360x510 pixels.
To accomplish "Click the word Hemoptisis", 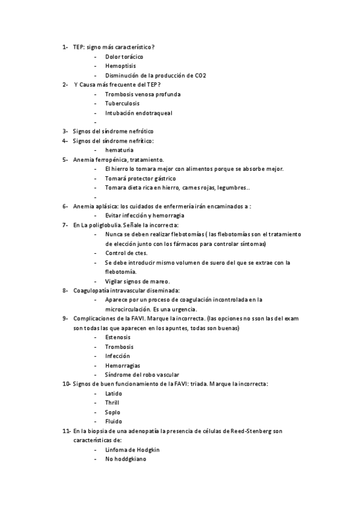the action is tap(120, 66).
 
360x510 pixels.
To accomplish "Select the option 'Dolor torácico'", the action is tap(124, 56).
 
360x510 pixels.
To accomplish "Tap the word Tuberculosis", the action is tap(123, 103).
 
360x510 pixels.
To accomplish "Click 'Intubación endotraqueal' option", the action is tap(139, 113).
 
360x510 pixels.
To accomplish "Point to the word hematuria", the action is tap(119, 150).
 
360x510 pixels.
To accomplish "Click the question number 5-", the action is tap(66, 159).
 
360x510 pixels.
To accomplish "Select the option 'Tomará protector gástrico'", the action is tap(140, 178).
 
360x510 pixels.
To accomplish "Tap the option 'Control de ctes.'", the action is tap(126, 253).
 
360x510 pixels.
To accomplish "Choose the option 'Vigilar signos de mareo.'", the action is tap(137, 281).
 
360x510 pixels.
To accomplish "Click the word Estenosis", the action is tap(118, 337).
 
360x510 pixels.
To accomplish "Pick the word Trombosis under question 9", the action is tap(119, 346).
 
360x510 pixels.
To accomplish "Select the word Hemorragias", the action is tap(123, 365).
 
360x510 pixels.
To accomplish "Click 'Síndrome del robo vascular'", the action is tap(142, 374).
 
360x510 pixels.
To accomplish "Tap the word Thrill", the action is tap(112, 402).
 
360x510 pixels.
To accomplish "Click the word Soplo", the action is tap(112, 412).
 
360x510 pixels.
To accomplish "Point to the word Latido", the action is tap(114, 393).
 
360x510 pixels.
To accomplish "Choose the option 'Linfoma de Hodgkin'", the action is tap(132, 449).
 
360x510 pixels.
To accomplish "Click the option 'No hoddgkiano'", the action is tap(125, 459).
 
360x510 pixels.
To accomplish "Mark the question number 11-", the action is tap(66, 431).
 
